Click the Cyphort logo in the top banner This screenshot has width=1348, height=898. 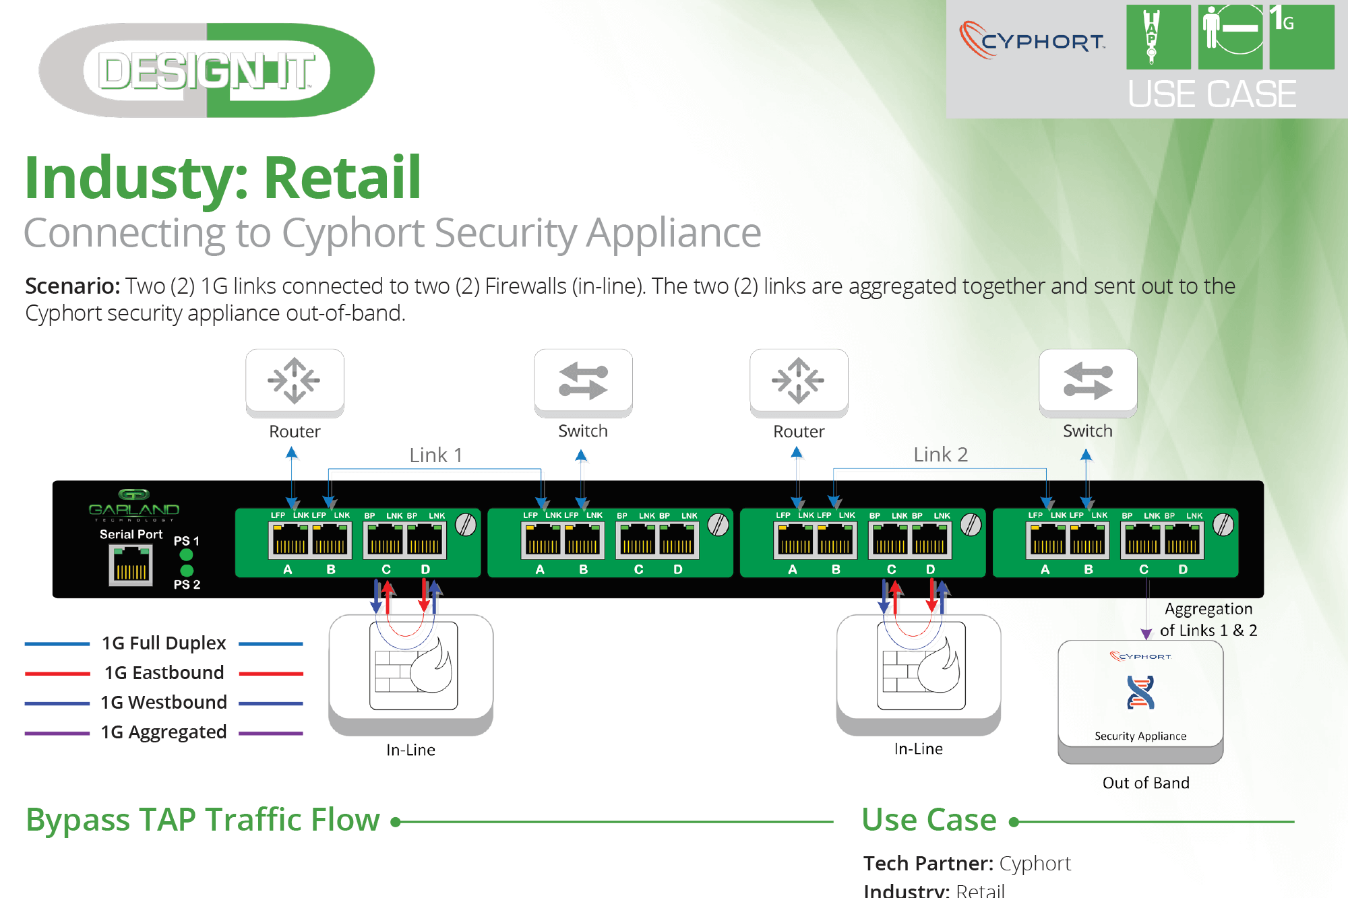1032,40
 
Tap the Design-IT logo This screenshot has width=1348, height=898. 206,71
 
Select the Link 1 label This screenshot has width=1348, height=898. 435,455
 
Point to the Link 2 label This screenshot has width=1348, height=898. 940,455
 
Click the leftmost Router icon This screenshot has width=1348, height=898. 295,381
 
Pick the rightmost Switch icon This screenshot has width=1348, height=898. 1088,381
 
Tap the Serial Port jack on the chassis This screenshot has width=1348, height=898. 131,565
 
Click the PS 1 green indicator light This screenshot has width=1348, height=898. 187,554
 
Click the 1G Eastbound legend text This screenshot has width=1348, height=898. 164,672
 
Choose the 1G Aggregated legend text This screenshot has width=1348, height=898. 164,732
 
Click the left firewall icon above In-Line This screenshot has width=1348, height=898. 413,666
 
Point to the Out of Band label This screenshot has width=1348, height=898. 1146,783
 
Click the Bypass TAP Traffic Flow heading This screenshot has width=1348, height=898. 203,820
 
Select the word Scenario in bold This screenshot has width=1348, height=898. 72,286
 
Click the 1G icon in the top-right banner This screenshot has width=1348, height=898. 1301,36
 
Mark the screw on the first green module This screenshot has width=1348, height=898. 466,524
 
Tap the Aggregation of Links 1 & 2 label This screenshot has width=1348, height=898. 1208,619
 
